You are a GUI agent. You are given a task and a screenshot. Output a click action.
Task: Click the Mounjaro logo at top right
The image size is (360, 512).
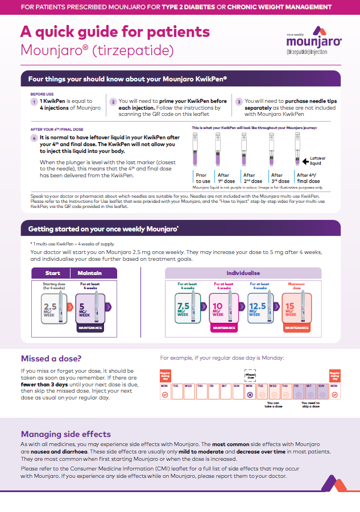coord(314,41)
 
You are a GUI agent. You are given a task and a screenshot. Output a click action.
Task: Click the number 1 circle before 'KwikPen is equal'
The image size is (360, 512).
coord(35,102)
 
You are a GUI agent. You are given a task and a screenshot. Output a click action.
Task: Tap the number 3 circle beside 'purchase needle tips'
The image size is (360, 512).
coord(239,102)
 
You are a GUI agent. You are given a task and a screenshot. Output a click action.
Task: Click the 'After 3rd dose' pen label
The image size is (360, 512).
coord(280,177)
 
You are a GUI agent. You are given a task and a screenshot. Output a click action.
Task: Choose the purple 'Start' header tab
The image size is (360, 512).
coord(52,273)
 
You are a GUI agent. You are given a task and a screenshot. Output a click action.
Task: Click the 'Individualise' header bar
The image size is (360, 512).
coord(243,273)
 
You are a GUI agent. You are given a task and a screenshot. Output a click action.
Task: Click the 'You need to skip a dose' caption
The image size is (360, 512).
coord(310,405)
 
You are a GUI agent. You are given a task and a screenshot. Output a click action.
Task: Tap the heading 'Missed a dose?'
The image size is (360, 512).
coord(51,359)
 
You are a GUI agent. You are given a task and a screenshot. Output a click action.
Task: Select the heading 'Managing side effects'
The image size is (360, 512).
coord(66,434)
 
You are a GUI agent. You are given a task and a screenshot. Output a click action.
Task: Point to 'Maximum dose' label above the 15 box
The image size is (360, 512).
coord(297,285)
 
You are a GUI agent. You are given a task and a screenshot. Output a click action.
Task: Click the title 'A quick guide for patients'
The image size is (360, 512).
coord(115,32)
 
